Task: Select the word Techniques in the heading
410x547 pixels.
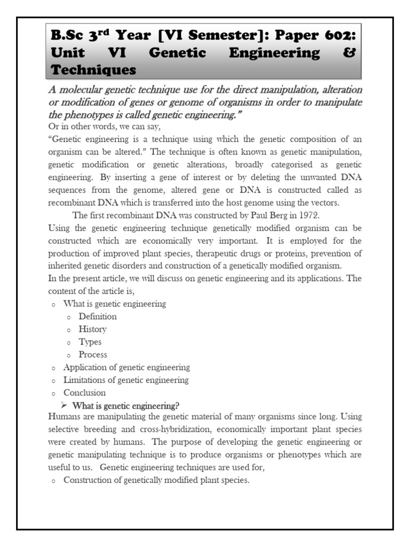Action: tap(93, 70)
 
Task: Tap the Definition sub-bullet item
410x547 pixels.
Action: tap(98, 316)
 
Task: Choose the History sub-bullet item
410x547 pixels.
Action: tap(92, 329)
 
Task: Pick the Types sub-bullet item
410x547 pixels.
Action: tap(90, 342)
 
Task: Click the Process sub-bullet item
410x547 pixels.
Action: tap(93, 355)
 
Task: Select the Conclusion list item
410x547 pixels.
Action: tap(84, 393)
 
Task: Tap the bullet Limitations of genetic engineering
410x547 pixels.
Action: tap(126, 380)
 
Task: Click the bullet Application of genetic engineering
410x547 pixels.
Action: tap(127, 368)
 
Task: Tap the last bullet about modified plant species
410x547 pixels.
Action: tap(156, 480)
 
